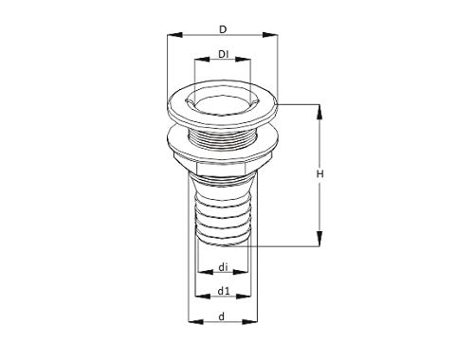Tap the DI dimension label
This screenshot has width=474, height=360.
click(222, 53)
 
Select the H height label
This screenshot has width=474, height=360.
click(321, 174)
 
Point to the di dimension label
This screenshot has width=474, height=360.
click(222, 267)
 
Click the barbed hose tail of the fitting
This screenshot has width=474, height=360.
click(222, 213)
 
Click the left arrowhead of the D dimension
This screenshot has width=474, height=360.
click(171, 37)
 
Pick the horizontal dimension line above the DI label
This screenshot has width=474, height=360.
click(222, 63)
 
